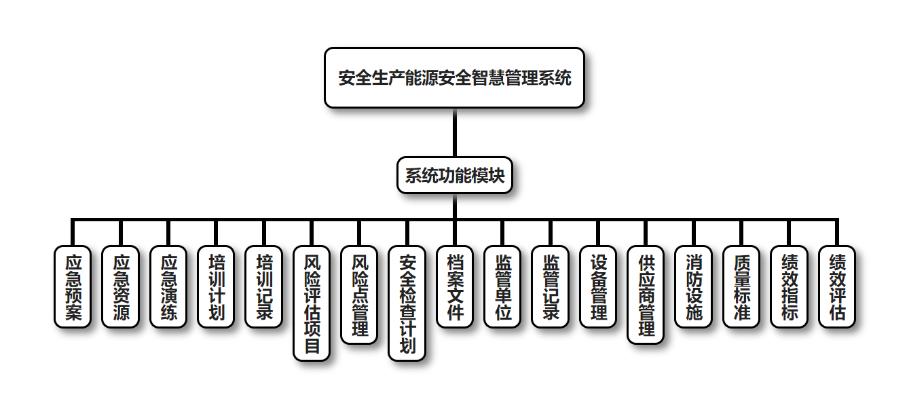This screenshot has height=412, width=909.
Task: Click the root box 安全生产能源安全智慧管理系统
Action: coord(454,77)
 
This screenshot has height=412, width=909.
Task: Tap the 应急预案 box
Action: coord(73,286)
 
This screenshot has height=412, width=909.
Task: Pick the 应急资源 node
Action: coord(120,286)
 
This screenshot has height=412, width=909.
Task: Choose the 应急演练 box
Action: coord(168,286)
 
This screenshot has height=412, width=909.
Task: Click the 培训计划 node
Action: coord(216,286)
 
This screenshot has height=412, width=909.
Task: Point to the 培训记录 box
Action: coord(263,286)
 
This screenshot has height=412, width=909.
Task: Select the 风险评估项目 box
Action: coord(312,303)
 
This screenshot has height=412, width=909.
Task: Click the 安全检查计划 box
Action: coord(407,303)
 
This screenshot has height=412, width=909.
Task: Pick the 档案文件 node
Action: coord(455,286)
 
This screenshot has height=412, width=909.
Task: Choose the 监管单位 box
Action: coord(502,286)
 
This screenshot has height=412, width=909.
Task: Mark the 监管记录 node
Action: coord(550,286)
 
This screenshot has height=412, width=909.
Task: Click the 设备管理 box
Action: coord(598,286)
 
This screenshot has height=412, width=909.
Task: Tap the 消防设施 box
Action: coord(693,286)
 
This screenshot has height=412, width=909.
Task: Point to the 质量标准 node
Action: coord(741,286)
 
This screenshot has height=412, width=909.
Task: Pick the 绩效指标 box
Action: coord(789,286)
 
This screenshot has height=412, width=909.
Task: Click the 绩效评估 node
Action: coord(837,286)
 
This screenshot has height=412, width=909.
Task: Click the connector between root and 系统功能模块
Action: coord(454,133)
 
